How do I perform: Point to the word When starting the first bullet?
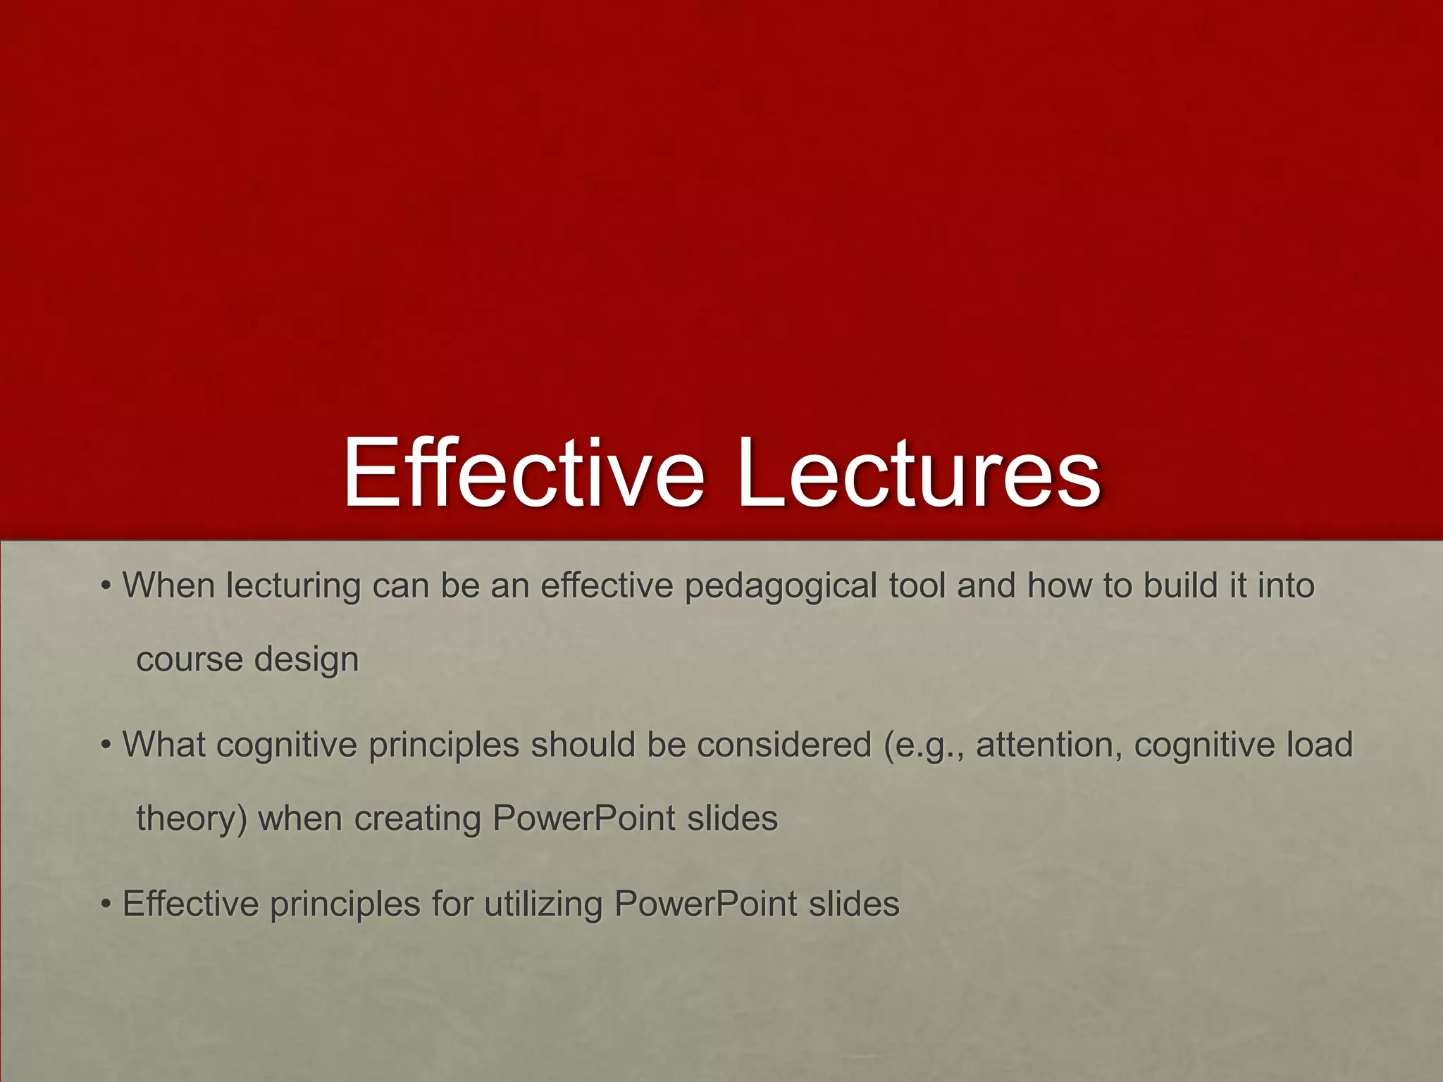point(168,585)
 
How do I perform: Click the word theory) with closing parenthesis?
point(191,819)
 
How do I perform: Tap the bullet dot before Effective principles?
point(106,904)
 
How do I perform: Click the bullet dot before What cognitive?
point(106,745)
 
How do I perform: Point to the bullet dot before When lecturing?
point(106,586)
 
